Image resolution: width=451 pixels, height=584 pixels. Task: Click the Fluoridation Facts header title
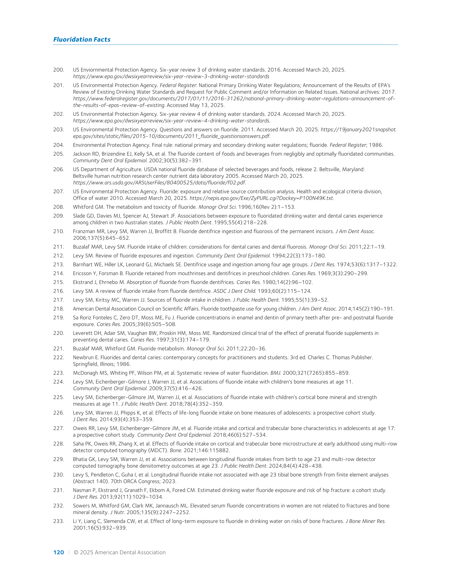82,39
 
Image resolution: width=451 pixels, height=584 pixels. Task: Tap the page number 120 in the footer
59,552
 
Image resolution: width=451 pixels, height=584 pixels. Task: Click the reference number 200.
59,70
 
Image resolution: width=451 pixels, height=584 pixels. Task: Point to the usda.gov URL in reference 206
159,183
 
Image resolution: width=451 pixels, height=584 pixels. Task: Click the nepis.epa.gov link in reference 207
262,198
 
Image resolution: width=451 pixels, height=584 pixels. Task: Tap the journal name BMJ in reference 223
275,373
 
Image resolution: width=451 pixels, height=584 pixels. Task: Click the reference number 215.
59,282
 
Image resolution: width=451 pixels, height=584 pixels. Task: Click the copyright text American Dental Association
130,552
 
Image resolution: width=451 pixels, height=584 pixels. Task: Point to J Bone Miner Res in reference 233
365,521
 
